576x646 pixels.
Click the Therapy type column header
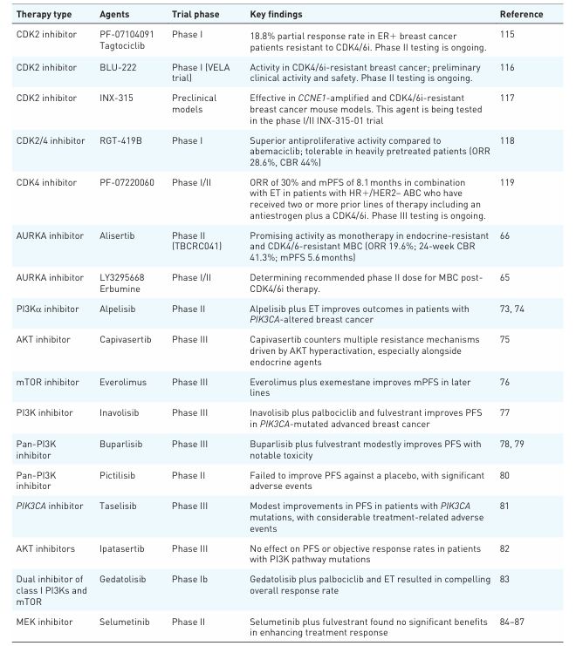[44, 15]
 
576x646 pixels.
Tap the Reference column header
[521, 15]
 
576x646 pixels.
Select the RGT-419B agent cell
[120, 140]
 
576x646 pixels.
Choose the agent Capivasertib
[124, 339]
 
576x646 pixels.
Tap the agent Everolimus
[120, 382]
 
